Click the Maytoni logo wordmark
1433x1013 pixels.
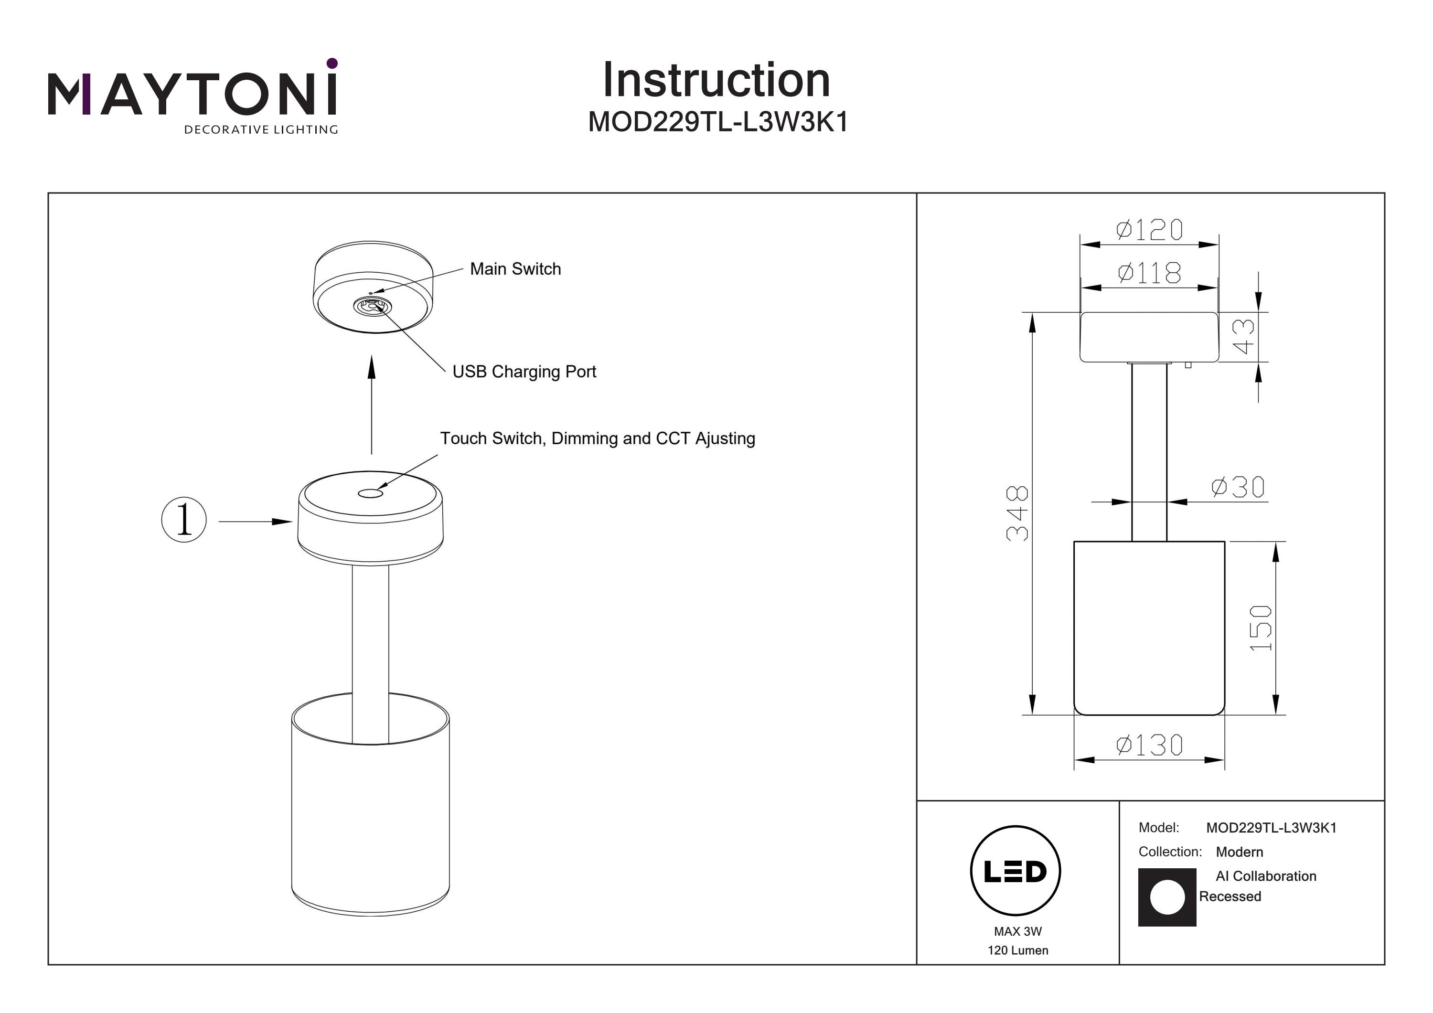tap(192, 94)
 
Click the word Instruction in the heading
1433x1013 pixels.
tap(716, 81)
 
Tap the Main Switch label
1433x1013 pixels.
tap(515, 269)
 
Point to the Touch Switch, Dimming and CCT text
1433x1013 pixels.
tap(597, 439)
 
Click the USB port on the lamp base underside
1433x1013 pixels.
tap(371, 306)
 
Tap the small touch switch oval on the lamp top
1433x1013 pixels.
tap(370, 494)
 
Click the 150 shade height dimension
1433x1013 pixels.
tap(1260, 628)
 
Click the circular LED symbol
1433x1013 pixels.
tap(1015, 871)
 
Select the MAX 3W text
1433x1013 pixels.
tap(1017, 932)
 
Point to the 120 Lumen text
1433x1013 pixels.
tap(1017, 950)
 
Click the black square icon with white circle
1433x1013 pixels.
tap(1166, 897)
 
